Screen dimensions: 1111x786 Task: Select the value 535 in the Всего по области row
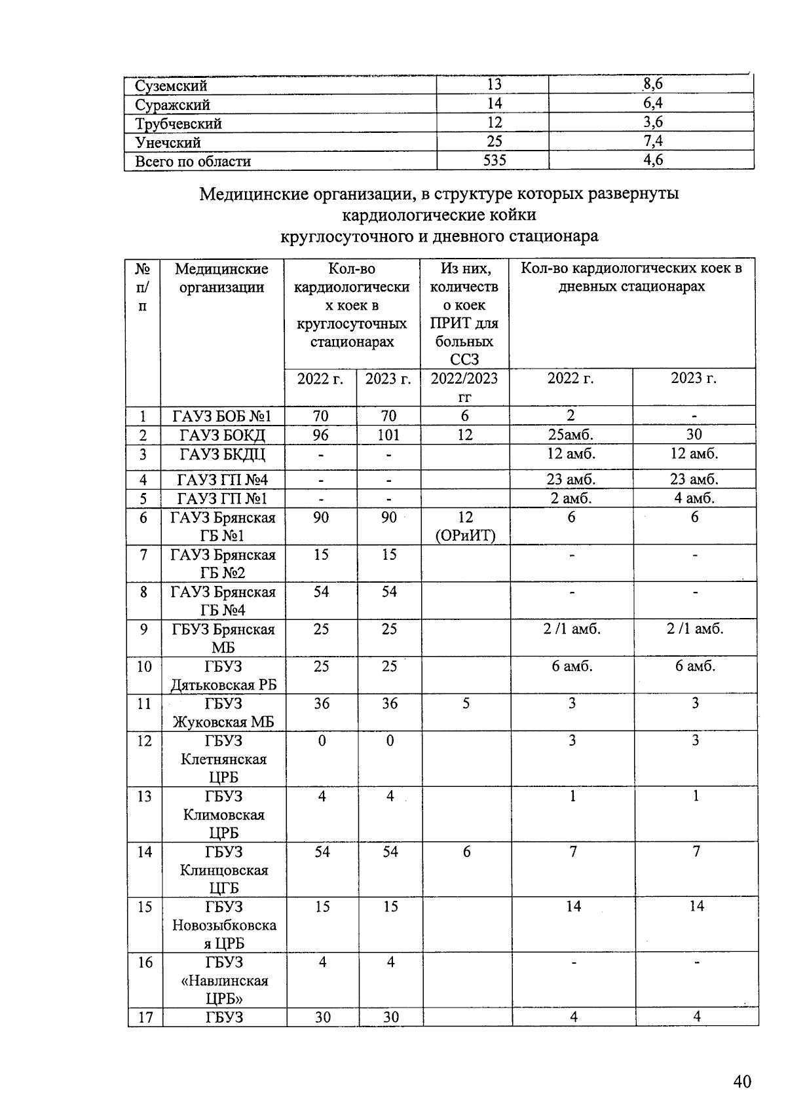[x=495, y=160]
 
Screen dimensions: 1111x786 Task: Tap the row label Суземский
[x=171, y=86]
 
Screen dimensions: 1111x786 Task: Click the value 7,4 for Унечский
[x=652, y=141]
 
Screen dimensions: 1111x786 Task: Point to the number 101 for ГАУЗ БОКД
[x=388, y=435]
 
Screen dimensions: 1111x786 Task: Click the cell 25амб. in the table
[x=571, y=435]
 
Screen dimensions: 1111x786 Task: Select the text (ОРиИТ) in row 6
[x=465, y=536]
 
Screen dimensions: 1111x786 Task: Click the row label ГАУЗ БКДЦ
[x=222, y=454]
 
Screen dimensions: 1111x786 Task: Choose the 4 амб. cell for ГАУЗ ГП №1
[x=694, y=498]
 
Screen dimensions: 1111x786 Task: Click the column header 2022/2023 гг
[x=464, y=386]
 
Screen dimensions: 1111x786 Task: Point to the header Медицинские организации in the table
[x=221, y=278]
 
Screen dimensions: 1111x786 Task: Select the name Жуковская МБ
[x=223, y=722]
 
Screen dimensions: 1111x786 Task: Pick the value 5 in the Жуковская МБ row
[x=466, y=704]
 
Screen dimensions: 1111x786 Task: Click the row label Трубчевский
[x=178, y=124]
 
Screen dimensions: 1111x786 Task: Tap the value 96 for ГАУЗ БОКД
[x=320, y=435]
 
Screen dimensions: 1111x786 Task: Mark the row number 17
[x=145, y=1017]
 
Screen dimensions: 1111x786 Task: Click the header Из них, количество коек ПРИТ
[x=464, y=314]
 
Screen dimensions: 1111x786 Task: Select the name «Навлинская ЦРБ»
[x=224, y=989]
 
